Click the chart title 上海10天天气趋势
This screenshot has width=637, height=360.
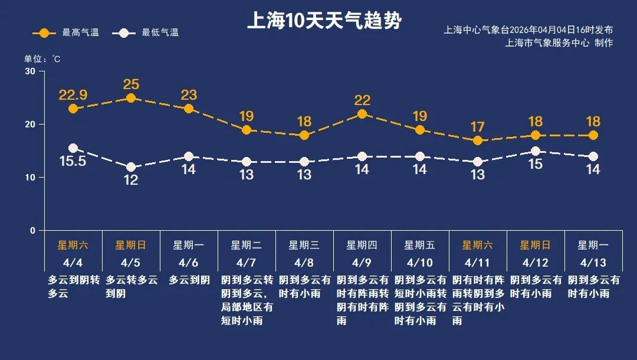click(x=324, y=21)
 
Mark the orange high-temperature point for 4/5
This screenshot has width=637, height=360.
click(x=131, y=98)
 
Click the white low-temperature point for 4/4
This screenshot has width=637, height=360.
click(x=73, y=148)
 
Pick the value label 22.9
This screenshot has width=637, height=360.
click(x=73, y=94)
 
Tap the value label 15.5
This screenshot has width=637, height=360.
click(x=73, y=161)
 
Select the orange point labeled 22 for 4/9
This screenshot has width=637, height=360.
click(x=362, y=114)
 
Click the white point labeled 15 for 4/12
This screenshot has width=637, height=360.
click(x=536, y=151)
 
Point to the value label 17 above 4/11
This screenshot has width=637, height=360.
click(x=478, y=127)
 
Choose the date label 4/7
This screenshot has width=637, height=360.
click(x=247, y=262)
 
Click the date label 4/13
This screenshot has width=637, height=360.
click(x=593, y=262)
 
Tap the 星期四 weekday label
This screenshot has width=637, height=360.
click(x=362, y=245)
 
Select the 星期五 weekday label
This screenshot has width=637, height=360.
click(x=419, y=245)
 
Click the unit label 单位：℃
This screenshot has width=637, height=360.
click(x=42, y=59)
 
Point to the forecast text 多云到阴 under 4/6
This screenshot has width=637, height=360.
click(x=189, y=280)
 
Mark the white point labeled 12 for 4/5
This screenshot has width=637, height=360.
click(x=131, y=168)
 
